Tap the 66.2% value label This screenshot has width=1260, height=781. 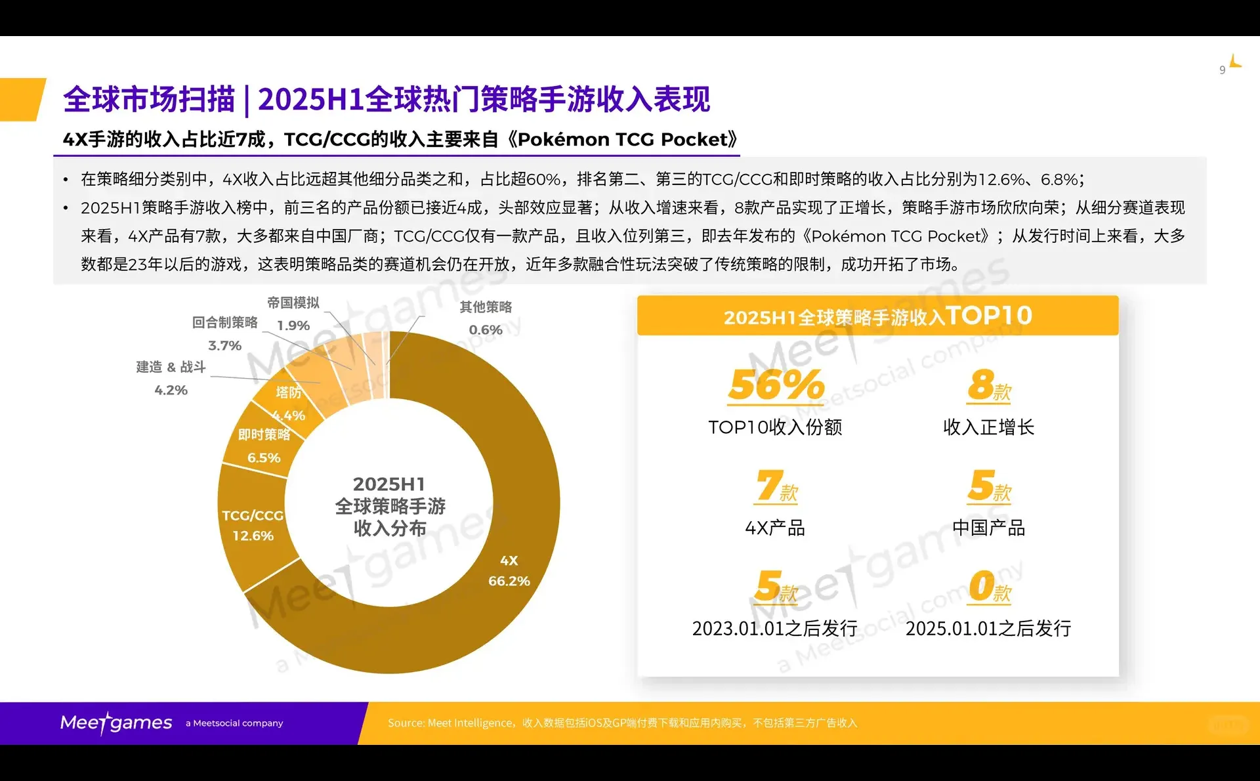[x=509, y=581]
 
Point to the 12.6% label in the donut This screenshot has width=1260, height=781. [x=253, y=536]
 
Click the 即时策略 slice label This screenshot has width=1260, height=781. [x=264, y=434]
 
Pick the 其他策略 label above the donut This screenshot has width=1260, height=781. [x=486, y=306]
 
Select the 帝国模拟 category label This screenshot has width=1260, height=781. [x=293, y=303]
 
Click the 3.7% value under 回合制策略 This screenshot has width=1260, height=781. [x=224, y=345]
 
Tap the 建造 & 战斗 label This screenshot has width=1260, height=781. [x=171, y=367]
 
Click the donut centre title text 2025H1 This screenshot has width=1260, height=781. [x=389, y=484]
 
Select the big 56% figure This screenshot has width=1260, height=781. [x=776, y=385]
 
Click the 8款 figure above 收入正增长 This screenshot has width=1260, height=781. [x=988, y=385]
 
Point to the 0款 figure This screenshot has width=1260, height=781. [x=989, y=586]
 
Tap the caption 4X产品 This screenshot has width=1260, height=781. [x=775, y=528]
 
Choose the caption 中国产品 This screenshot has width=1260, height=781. [x=988, y=528]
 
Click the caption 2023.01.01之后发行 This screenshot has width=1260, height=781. [x=775, y=628]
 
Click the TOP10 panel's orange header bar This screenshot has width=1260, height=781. [x=877, y=316]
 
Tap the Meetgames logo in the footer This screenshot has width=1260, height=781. [x=116, y=723]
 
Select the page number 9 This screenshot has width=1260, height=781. [x=1222, y=70]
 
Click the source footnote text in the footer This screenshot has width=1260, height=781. [x=622, y=723]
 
